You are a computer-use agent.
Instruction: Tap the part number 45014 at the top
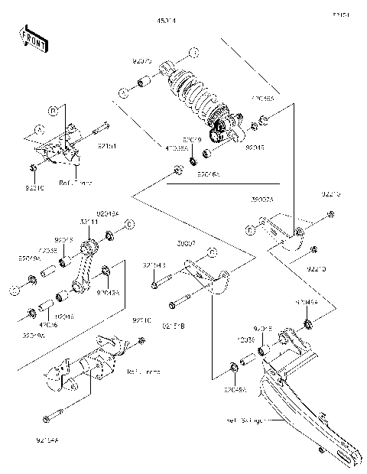coord(166,21)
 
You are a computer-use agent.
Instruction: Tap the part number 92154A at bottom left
coord(47,440)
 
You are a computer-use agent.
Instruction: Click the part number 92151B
coord(173,326)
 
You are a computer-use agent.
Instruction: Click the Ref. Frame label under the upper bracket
coord(74,183)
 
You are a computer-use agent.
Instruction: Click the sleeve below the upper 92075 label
coord(141,82)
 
